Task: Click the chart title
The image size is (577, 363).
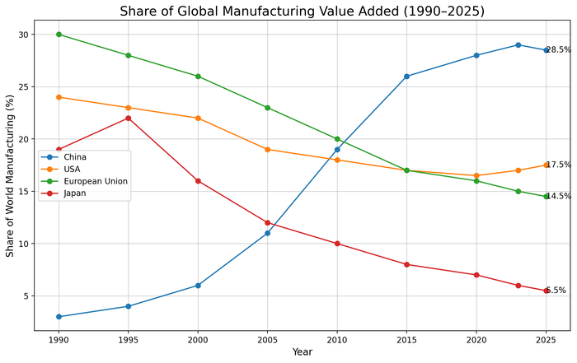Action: click(x=302, y=12)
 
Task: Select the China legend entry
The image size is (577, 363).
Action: click(x=76, y=156)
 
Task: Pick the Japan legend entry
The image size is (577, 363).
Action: click(x=76, y=193)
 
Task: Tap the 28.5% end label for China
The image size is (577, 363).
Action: click(x=558, y=50)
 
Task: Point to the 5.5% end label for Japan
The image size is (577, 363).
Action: click(x=556, y=291)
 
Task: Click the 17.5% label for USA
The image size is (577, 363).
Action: click(x=558, y=165)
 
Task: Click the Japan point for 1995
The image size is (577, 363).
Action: click(x=128, y=118)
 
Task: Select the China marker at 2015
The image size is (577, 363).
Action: click(x=406, y=77)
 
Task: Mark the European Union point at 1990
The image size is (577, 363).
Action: click(x=59, y=35)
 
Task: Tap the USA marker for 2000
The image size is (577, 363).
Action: click(x=198, y=118)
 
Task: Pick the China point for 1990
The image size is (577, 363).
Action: click(x=59, y=317)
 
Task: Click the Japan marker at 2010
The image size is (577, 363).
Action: click(x=337, y=244)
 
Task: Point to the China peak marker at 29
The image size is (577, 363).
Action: click(x=518, y=44)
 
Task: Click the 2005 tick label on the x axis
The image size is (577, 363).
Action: click(x=267, y=339)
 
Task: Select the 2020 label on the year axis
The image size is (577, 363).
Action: click(x=476, y=339)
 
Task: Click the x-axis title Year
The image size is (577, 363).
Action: click(x=302, y=352)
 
